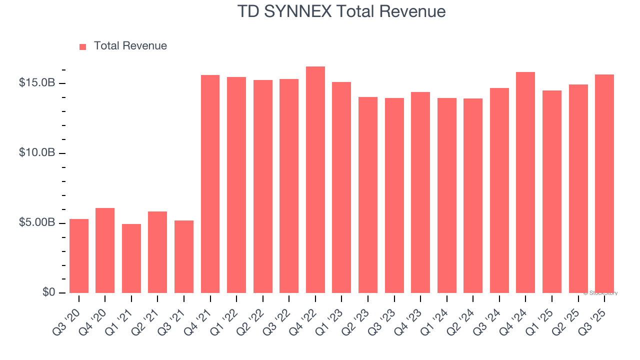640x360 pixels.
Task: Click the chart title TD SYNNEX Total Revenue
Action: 341,11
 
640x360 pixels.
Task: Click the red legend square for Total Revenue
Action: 83,46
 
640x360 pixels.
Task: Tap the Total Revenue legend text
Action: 130,46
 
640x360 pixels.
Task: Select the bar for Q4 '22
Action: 315,180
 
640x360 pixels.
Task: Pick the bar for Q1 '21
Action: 131,258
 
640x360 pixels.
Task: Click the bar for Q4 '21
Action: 210,184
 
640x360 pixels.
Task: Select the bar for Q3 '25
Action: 604,184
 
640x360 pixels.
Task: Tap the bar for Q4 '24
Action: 525,182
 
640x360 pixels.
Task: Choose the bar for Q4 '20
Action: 105,250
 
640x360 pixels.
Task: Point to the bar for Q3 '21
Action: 184,257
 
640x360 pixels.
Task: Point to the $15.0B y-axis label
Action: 37,82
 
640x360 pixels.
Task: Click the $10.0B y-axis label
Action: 37,152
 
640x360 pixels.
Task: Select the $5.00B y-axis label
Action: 37,222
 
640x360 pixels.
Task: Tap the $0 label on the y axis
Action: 48,292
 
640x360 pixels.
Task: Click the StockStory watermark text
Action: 600,293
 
